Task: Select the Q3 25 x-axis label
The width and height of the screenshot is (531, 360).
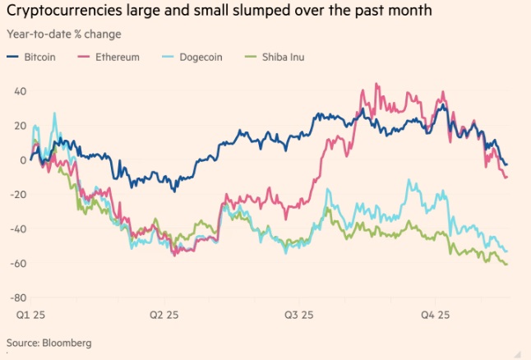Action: click(x=298, y=315)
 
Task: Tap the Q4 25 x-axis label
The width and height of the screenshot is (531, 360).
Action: click(x=436, y=315)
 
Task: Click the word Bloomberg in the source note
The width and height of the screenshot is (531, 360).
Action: click(x=66, y=342)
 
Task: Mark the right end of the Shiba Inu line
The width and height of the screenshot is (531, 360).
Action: click(x=506, y=264)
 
